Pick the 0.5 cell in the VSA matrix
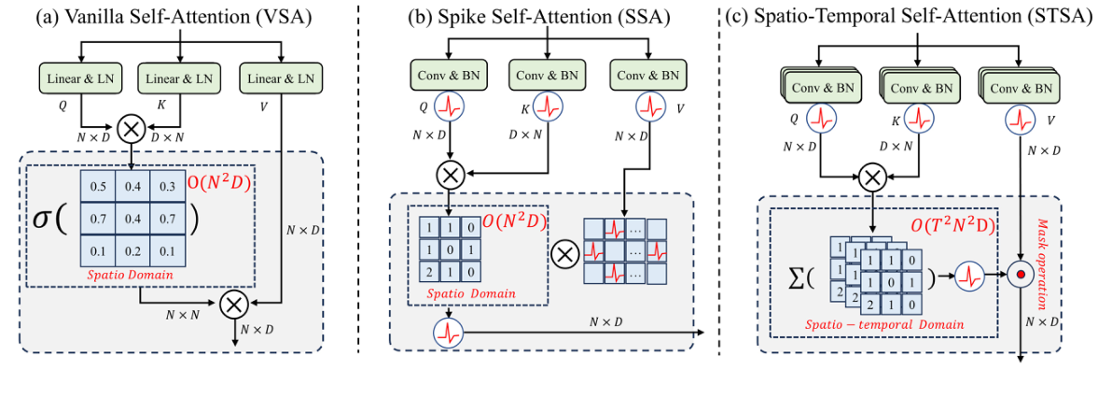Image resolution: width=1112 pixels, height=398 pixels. click(x=99, y=188)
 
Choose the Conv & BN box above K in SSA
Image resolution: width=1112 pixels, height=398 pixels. click(x=548, y=72)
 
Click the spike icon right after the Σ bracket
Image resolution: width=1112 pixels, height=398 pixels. click(x=970, y=277)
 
